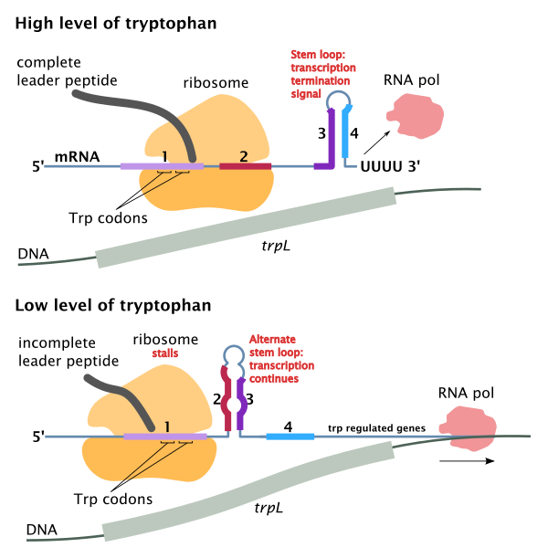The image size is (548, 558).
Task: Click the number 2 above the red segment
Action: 243,156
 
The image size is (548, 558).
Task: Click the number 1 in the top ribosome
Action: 164,156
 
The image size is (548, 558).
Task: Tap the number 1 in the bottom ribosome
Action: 167,426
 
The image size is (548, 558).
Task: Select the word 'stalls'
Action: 165,353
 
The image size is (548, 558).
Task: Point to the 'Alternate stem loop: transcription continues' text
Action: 281,358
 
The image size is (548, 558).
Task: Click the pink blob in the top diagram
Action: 416,115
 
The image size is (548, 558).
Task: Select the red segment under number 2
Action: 245,166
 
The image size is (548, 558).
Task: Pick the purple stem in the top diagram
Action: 331,137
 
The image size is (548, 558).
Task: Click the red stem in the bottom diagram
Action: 226,397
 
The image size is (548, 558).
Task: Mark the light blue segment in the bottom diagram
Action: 290,437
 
